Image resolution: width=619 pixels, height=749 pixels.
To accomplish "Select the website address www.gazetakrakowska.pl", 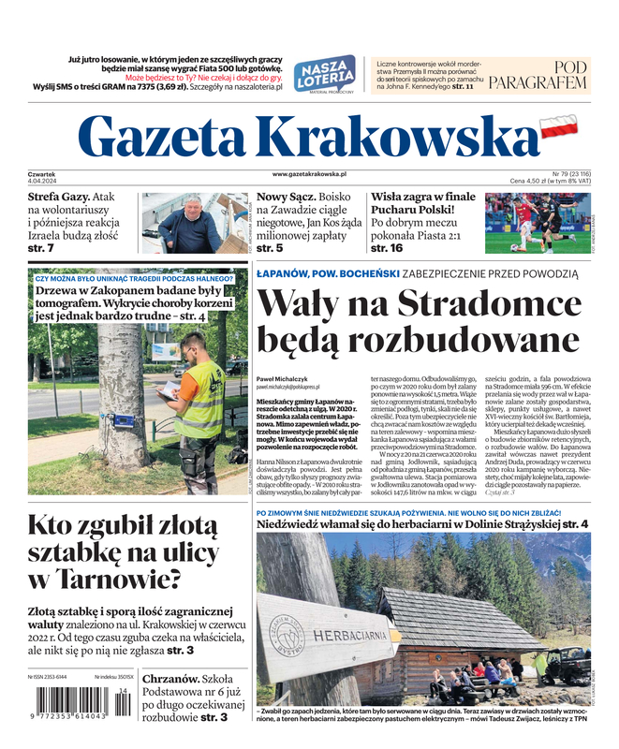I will point(309,174).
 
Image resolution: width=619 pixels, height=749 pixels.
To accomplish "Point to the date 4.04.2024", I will point(43,181).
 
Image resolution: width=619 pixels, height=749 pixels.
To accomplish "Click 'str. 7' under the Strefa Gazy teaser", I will point(41,248).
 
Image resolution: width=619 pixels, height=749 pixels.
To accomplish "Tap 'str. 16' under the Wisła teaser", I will point(387,248).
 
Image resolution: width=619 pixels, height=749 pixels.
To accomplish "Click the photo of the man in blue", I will point(194,224).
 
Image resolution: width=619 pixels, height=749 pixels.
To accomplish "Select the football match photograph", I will point(537,224).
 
